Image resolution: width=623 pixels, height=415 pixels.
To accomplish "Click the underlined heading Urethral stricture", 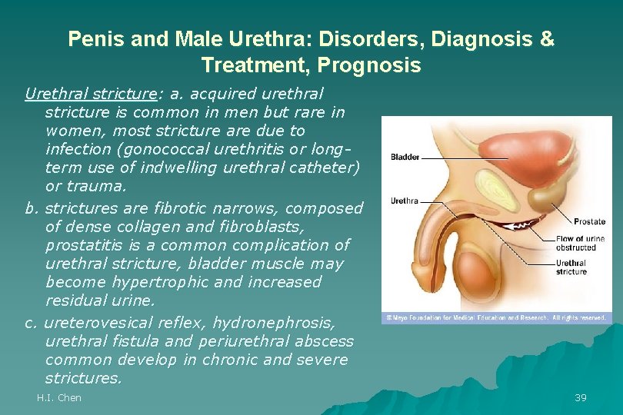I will pyautogui.click(x=90, y=94).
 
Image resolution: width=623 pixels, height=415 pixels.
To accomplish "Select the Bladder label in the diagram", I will pyautogui.click(x=405, y=158).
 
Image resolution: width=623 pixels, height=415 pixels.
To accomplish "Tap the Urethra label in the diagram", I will pyautogui.click(x=405, y=201).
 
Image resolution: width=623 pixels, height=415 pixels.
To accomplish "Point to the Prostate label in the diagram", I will pyautogui.click(x=589, y=222).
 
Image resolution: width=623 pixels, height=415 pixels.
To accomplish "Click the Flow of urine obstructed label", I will pyautogui.click(x=580, y=243).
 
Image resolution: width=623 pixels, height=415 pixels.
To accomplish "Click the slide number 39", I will pyautogui.click(x=581, y=397).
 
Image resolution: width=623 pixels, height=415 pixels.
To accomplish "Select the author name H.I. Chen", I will pyautogui.click(x=59, y=397).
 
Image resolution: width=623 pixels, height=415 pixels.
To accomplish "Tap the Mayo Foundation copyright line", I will pyautogui.click(x=496, y=317).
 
